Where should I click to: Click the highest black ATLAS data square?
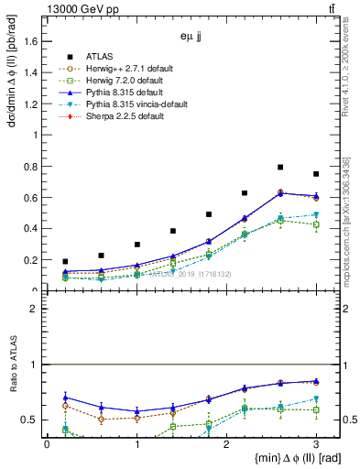(280, 168)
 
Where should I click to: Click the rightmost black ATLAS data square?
(316, 174)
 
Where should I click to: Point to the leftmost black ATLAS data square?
(65, 262)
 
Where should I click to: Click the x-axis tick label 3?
(316, 444)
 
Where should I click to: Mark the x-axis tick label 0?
(47, 444)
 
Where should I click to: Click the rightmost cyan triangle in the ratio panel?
(316, 399)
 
